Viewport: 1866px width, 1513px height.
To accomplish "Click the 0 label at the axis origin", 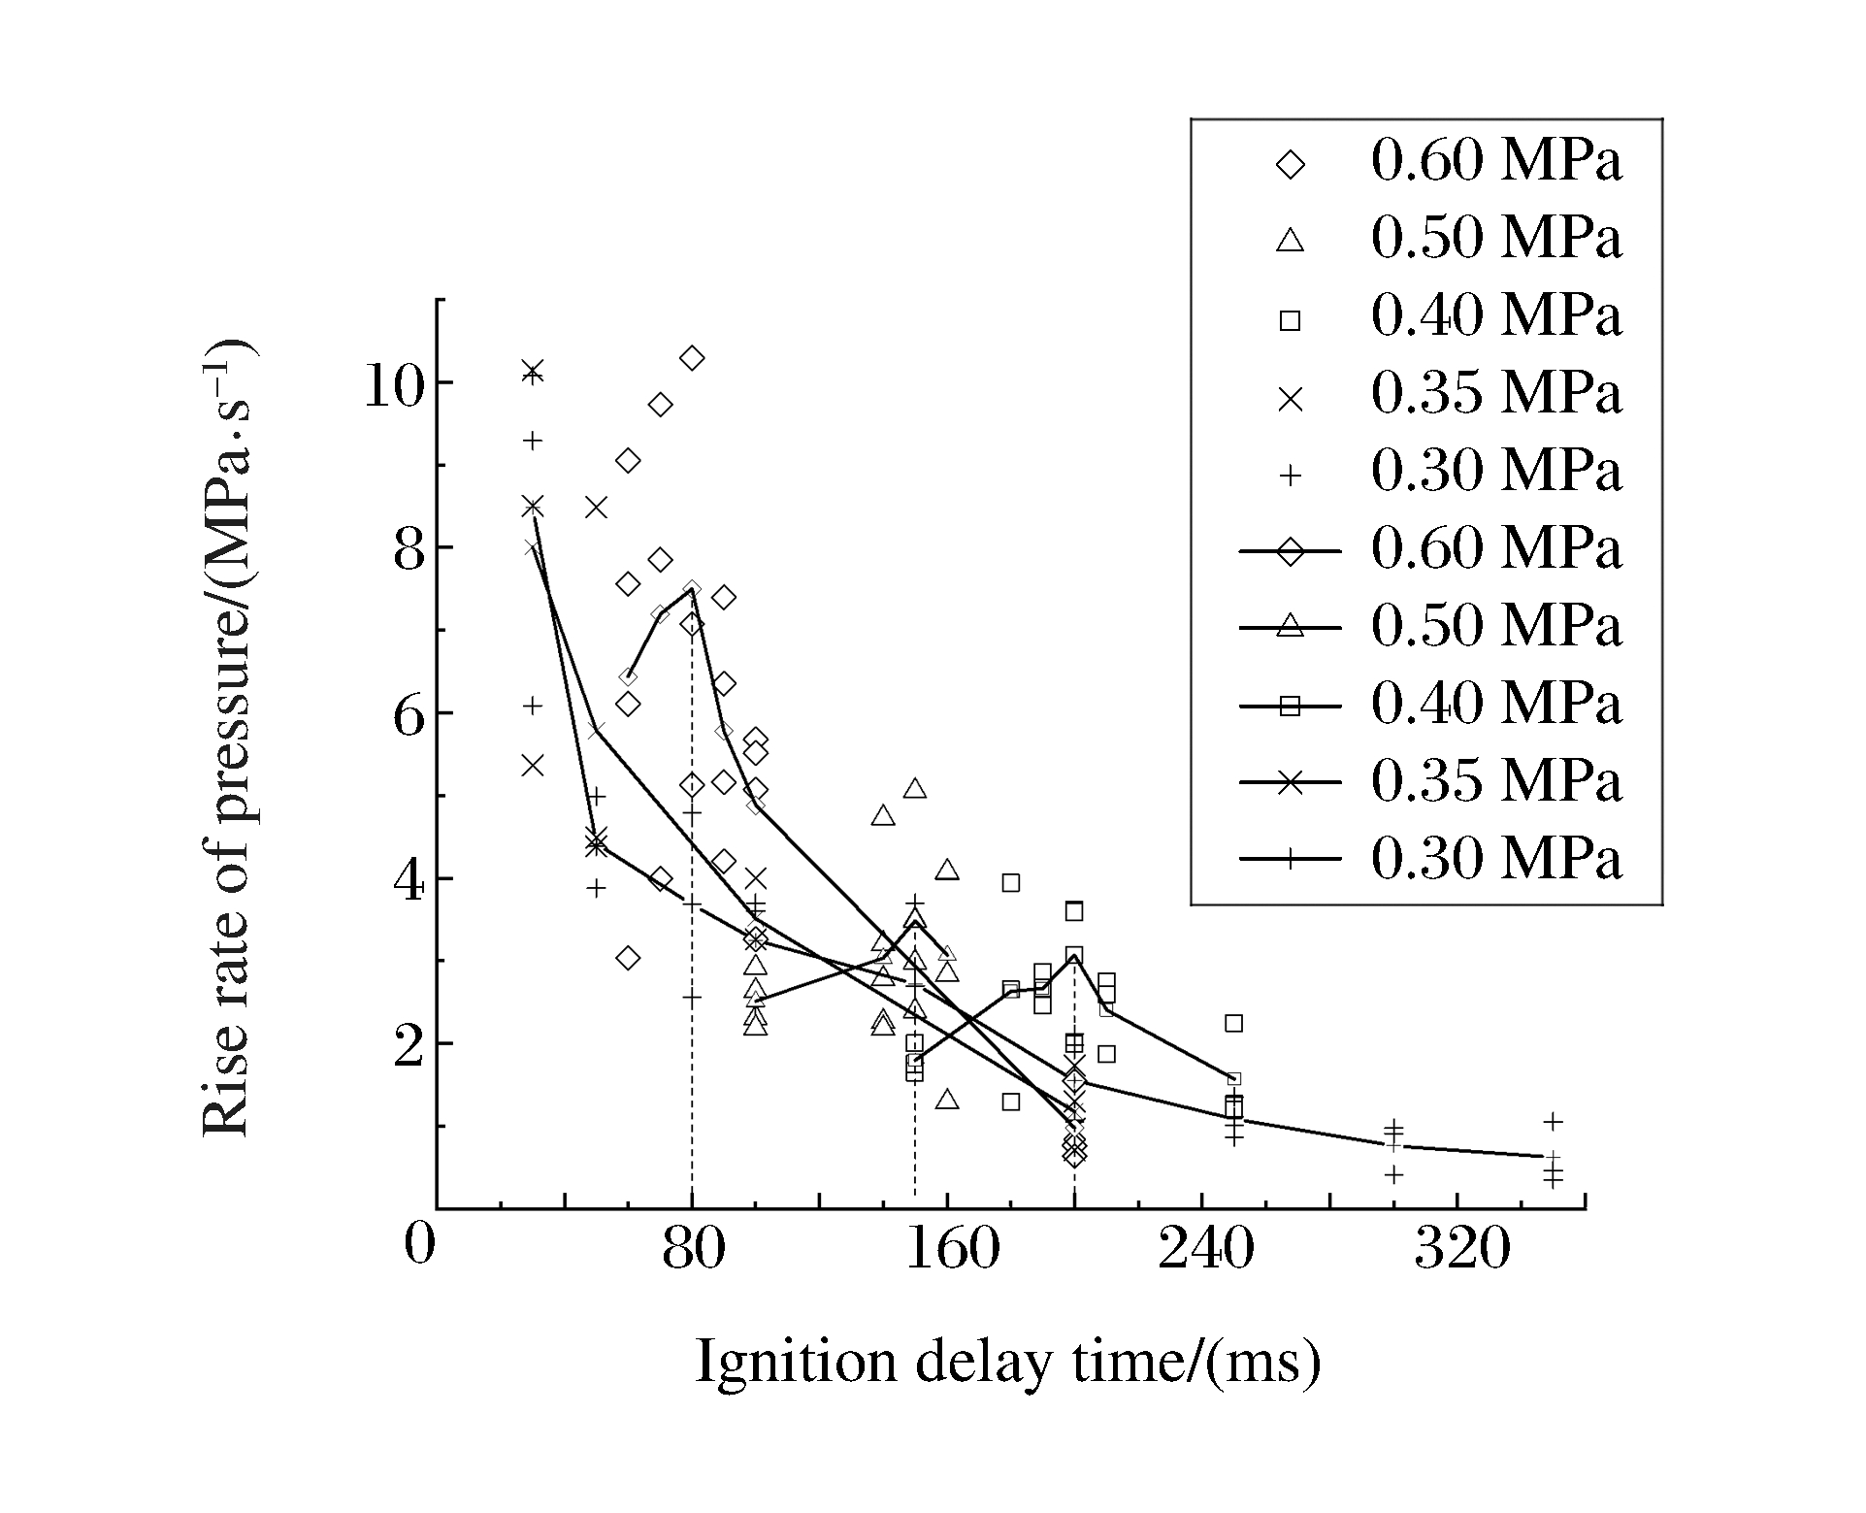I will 419,1246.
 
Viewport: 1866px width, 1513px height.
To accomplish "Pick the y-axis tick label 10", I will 392,385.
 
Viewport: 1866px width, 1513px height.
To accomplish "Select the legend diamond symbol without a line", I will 1291,165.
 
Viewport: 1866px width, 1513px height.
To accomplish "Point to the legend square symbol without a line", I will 1291,320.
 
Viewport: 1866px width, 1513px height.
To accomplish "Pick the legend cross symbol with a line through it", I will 1291,783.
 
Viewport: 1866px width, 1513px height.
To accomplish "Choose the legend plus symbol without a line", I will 1291,476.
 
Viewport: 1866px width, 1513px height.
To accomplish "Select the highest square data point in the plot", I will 1011,883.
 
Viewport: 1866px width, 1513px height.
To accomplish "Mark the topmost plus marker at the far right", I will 1553,1122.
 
